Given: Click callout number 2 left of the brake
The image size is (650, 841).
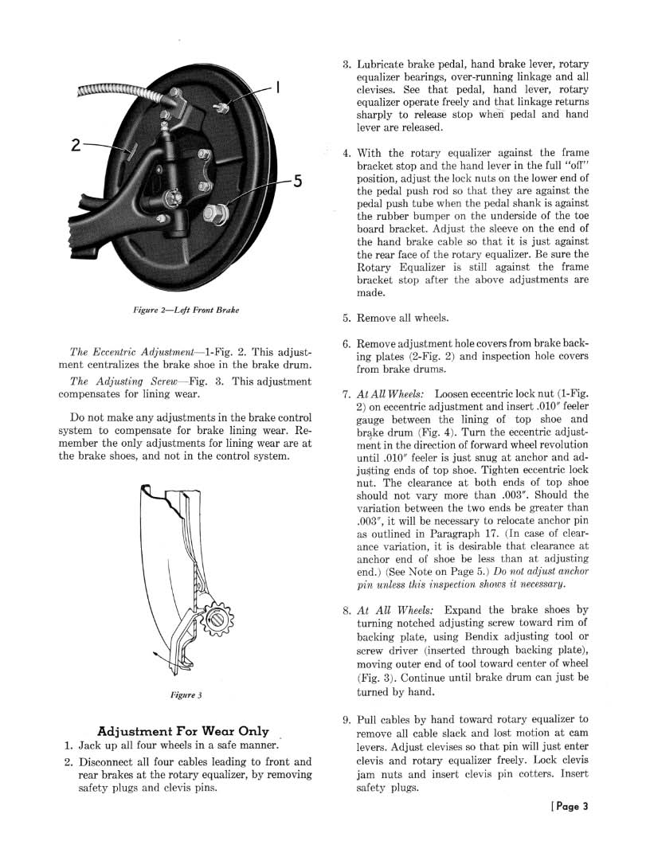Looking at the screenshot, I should click(76, 145).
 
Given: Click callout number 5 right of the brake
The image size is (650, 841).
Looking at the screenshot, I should click(296, 182).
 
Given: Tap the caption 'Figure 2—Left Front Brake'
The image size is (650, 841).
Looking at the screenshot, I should click(186, 309).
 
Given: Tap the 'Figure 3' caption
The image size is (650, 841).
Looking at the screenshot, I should click(186, 694).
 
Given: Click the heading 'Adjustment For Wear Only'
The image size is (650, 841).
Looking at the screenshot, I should click(182, 731).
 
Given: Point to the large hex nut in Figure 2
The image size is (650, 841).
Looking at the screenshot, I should click(215, 213).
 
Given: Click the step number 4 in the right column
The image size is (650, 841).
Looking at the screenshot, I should click(346, 153).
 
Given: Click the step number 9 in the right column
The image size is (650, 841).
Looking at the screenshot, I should click(346, 718).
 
